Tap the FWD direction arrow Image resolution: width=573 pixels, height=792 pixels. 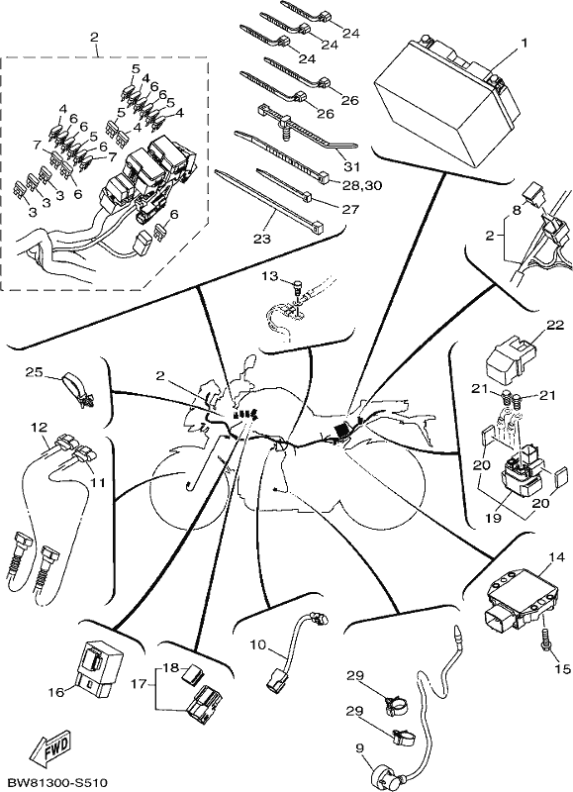(50, 746)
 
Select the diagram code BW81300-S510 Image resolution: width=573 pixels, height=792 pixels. (54, 783)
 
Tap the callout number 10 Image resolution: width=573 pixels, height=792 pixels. (257, 644)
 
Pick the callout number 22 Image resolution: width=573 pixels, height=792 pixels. (555, 326)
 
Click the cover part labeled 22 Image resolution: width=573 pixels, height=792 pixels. (510, 358)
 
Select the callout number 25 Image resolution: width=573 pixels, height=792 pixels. (34, 372)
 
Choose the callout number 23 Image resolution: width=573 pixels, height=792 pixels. (262, 239)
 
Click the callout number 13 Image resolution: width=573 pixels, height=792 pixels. (270, 276)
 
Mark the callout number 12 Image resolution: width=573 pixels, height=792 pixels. (40, 428)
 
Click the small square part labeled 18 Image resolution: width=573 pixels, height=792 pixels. (191, 674)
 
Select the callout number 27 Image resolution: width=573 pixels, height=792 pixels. (349, 209)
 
